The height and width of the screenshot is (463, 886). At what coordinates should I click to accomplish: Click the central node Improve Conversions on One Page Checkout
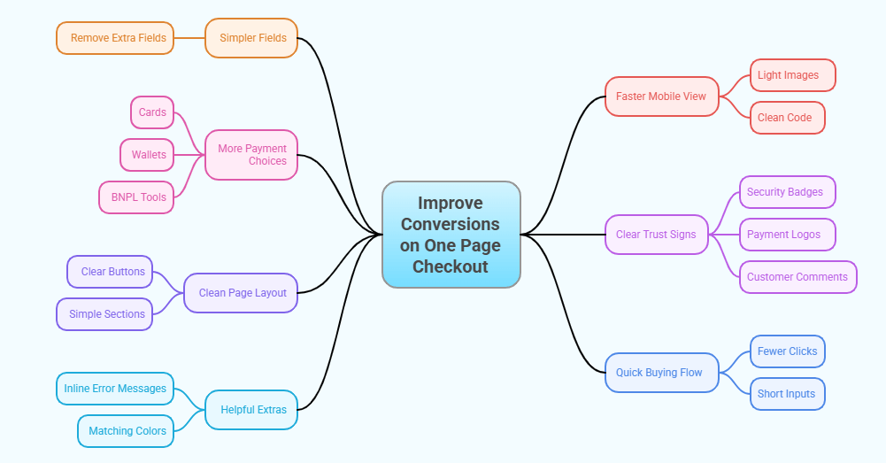point(451,235)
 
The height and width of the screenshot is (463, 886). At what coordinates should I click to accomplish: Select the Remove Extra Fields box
point(115,38)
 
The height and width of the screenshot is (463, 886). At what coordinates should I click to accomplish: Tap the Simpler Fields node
point(251,38)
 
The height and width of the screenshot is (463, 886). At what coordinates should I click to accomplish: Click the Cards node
point(152,112)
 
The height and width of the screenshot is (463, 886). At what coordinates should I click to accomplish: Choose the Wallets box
point(148,155)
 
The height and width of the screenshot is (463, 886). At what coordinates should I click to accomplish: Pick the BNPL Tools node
point(137,197)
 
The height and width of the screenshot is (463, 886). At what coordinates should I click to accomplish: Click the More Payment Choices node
point(251,155)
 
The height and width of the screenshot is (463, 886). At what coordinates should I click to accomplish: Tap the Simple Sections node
point(105,314)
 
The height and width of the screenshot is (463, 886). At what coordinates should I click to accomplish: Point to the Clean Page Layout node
point(241,293)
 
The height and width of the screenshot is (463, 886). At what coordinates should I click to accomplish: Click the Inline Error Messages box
point(115,389)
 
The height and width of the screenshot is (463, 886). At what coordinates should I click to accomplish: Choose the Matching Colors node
point(126,431)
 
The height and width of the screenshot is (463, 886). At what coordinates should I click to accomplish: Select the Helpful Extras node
point(251,410)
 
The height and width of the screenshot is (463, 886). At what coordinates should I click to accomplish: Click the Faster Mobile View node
point(662,96)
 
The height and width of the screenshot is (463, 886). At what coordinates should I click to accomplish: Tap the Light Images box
point(792,75)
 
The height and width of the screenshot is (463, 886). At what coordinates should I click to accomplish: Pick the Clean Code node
point(787,118)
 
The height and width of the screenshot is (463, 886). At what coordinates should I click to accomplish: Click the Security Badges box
point(787,192)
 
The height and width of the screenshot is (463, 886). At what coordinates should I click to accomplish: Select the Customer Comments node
point(797,277)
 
